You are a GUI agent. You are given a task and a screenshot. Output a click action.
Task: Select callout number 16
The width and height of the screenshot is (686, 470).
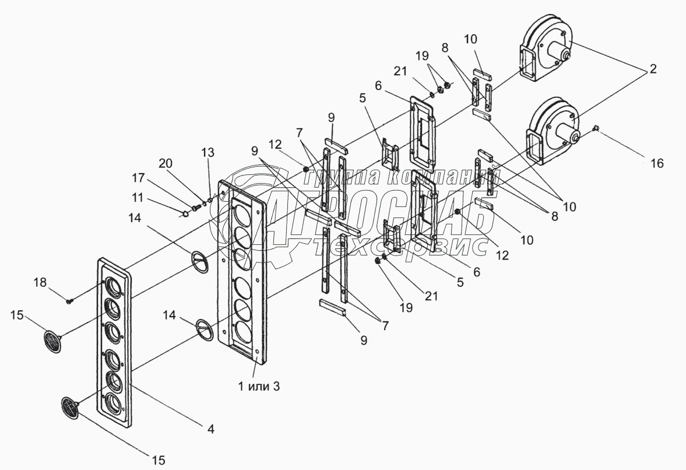tap(656, 164)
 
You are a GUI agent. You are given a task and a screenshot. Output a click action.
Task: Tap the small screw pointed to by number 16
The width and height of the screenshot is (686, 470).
tap(597, 128)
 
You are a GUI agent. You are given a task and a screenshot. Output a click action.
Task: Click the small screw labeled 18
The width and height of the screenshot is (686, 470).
tap(70, 301)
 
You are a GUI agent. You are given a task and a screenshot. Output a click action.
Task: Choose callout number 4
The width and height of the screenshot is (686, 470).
tap(210, 429)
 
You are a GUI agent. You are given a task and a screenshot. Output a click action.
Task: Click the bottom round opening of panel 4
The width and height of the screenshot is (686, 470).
tap(112, 402)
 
